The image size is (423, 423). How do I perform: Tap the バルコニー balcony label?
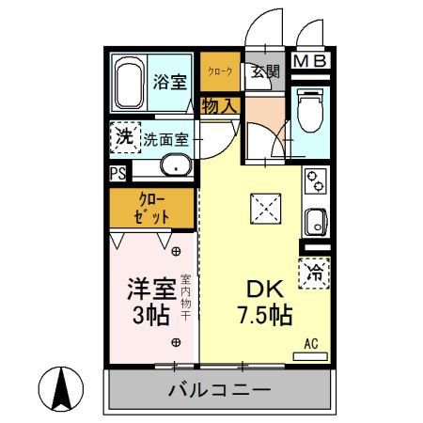[x=220, y=390]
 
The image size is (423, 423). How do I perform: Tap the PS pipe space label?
[x=117, y=173]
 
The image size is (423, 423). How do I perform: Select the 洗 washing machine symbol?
[x=123, y=137]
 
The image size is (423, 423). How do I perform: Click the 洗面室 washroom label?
[x=166, y=139]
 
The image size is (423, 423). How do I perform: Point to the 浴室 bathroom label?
[x=170, y=81]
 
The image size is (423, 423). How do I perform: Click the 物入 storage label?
[x=219, y=105]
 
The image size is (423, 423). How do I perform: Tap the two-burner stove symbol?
[x=315, y=180]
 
